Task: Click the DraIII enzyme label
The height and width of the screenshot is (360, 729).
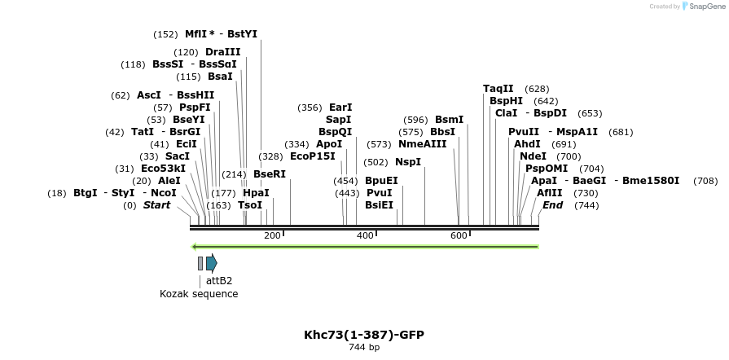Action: click(x=222, y=52)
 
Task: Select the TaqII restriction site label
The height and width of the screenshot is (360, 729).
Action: click(x=498, y=89)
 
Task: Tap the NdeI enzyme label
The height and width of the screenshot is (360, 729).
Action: click(x=533, y=156)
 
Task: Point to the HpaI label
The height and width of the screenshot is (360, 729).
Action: click(x=255, y=193)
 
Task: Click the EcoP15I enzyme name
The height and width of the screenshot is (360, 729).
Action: click(x=313, y=156)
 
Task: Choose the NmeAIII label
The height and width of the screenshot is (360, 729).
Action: click(x=422, y=144)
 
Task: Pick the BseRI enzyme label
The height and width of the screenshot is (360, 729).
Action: click(x=269, y=174)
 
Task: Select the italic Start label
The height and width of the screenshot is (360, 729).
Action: click(x=156, y=205)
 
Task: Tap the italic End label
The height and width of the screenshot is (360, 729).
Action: click(x=552, y=205)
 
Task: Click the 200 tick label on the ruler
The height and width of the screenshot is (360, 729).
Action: click(x=272, y=235)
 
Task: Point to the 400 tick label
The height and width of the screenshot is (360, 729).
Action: click(x=365, y=235)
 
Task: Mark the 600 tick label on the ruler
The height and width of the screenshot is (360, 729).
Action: click(x=459, y=235)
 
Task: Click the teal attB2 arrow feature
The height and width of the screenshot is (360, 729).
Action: click(x=211, y=263)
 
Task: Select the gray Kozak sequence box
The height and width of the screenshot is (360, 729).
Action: click(x=200, y=263)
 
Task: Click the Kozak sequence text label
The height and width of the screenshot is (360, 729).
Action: click(x=199, y=294)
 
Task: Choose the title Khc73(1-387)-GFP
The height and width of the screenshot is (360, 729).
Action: click(x=364, y=335)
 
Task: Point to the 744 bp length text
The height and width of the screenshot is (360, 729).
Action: click(x=364, y=348)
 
